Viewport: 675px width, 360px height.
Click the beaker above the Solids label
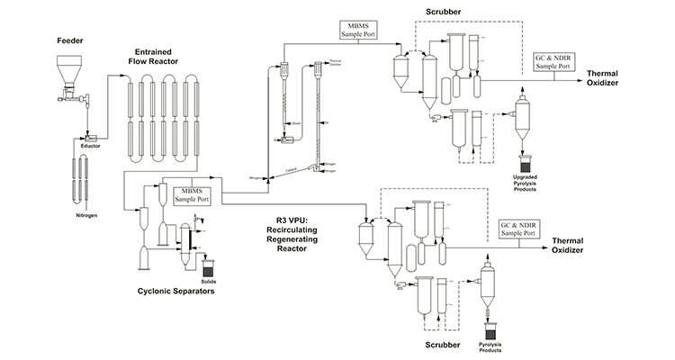pos(210,267)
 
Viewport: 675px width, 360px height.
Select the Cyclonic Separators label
pos(175,292)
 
